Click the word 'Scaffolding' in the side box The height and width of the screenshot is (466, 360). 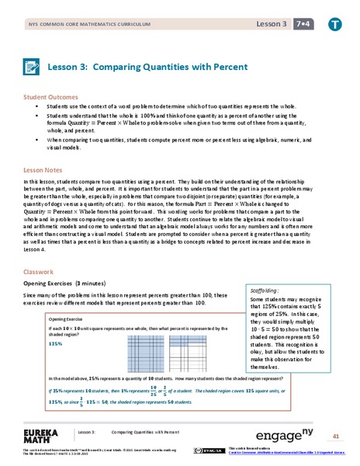265,290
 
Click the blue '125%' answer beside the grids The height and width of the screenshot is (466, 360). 55,343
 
